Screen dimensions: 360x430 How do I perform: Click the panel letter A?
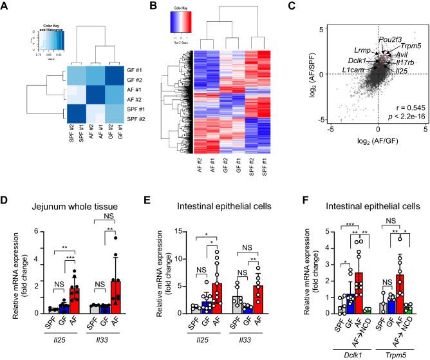pos(6,8)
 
